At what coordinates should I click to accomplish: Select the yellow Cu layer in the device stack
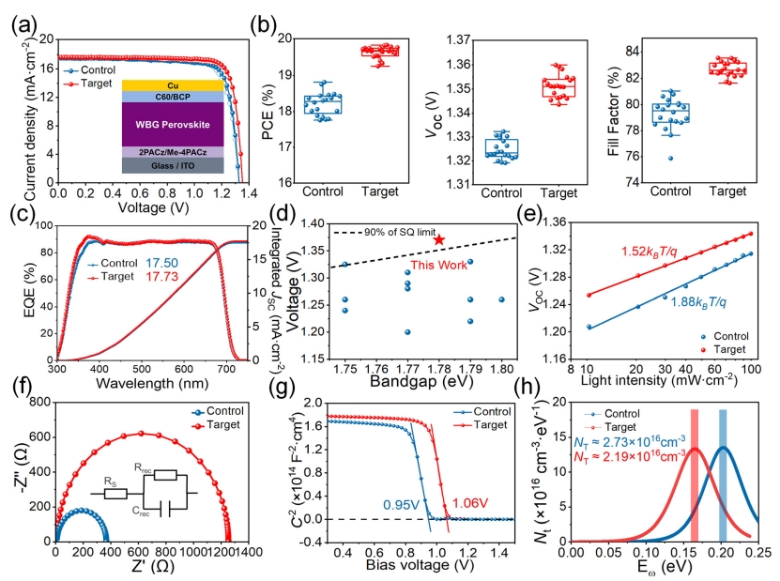[172, 85]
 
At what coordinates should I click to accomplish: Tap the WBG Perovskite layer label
[172, 123]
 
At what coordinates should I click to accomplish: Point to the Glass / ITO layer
[172, 165]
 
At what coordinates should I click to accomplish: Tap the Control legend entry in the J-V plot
[97, 69]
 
